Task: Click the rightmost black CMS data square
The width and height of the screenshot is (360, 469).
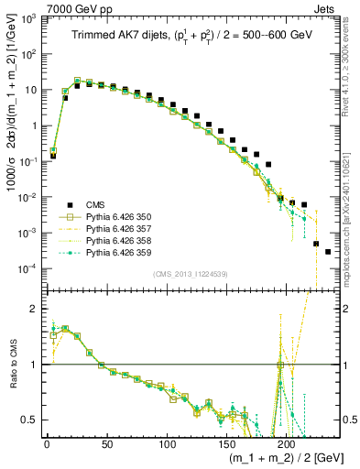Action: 328,251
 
